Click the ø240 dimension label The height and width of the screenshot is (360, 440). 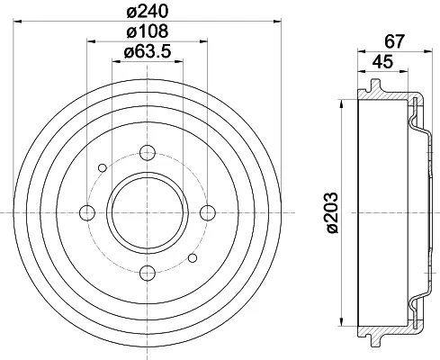(148, 12)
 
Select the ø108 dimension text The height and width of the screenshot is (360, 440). (148, 31)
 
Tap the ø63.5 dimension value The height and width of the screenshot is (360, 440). (148, 51)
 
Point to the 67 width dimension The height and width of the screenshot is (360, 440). (395, 41)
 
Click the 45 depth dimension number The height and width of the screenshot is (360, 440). (382, 62)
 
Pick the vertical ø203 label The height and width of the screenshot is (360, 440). (332, 212)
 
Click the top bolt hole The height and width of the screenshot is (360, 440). (148, 153)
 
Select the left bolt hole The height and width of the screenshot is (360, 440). (87, 212)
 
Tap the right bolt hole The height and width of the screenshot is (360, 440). (208, 212)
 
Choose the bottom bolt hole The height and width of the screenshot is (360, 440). (148, 273)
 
